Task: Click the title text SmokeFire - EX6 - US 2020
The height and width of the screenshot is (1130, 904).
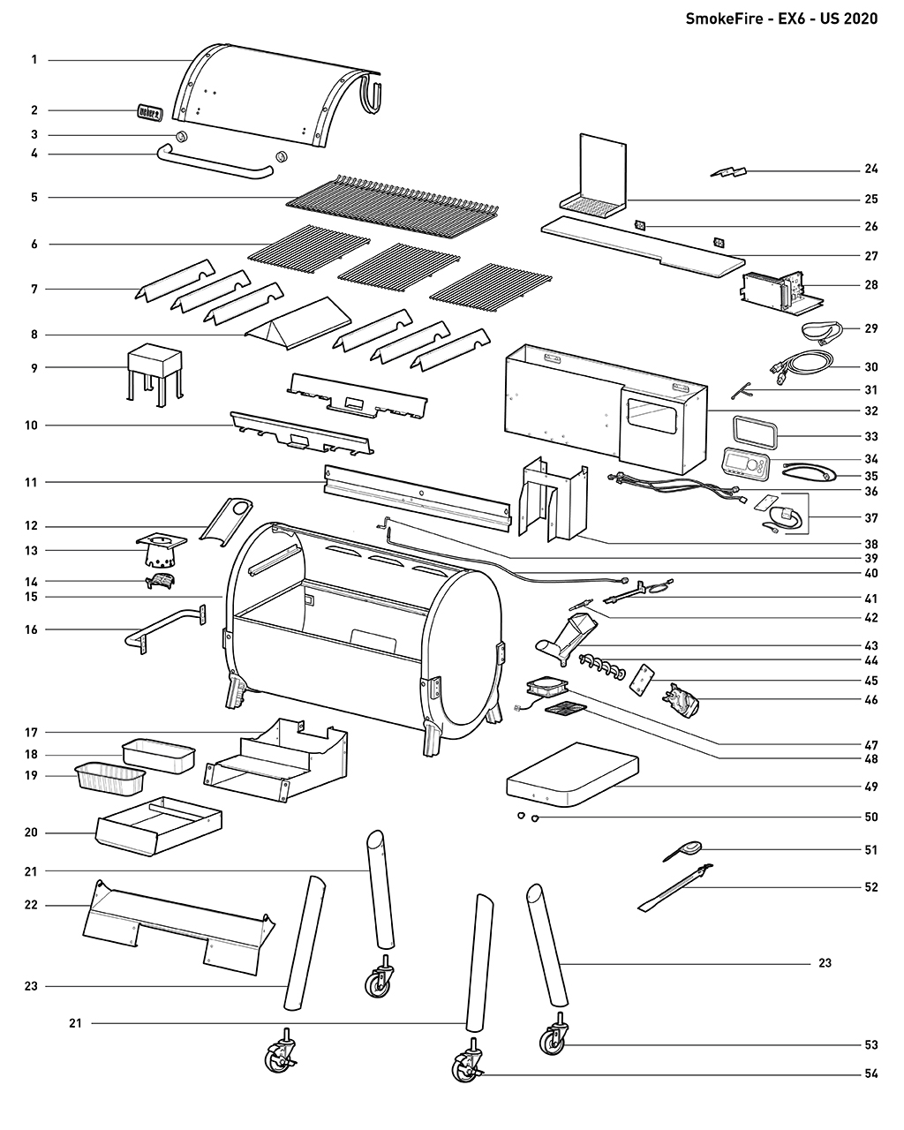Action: coord(781,19)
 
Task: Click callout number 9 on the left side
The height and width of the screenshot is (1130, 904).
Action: coord(34,367)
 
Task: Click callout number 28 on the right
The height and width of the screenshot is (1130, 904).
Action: coord(870,286)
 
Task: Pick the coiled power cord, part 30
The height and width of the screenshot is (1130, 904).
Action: coord(805,364)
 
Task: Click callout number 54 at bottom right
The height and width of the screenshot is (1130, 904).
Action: coord(870,1074)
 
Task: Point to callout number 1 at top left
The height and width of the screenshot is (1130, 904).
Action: coord(34,60)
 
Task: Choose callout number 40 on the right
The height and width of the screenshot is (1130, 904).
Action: coord(870,573)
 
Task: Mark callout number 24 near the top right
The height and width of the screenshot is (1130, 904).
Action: coord(870,169)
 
